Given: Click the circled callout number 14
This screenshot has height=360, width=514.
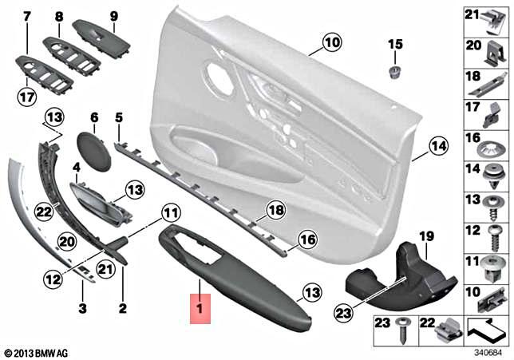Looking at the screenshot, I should click(437, 146).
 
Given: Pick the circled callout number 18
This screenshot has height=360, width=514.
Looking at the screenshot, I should click(275, 210).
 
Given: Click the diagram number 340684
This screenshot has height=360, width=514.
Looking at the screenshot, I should click(488, 350).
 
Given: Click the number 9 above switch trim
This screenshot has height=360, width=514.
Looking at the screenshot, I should click(113, 16).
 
